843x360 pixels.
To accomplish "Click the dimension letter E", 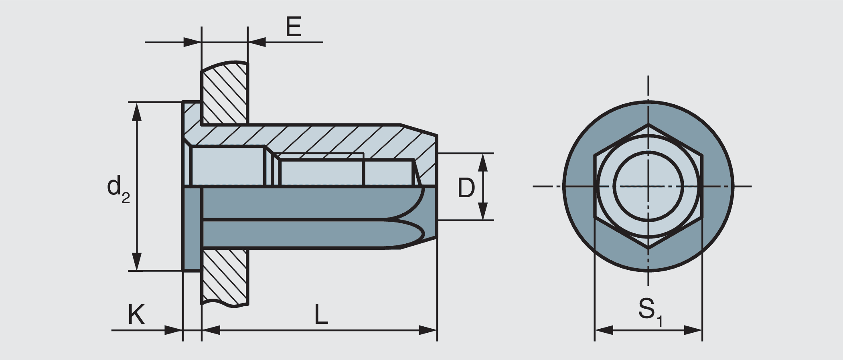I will [x=293, y=27].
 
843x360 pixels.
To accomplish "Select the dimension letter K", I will [x=136, y=315].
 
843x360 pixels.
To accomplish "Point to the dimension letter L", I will [x=321, y=315].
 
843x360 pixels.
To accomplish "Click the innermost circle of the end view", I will [x=648, y=186].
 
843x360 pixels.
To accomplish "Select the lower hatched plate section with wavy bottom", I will [x=225, y=277].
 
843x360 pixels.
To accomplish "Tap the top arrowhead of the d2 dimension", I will [x=137, y=111].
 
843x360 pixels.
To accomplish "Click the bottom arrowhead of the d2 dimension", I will [x=137, y=263].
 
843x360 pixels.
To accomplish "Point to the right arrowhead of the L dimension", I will [x=428, y=330].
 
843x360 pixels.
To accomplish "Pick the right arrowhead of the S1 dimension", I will [x=693, y=330].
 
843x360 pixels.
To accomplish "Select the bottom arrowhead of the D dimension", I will [x=483, y=212].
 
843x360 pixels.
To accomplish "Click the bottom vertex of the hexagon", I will [x=648, y=249].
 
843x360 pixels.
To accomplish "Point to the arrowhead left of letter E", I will [x=193, y=42].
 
